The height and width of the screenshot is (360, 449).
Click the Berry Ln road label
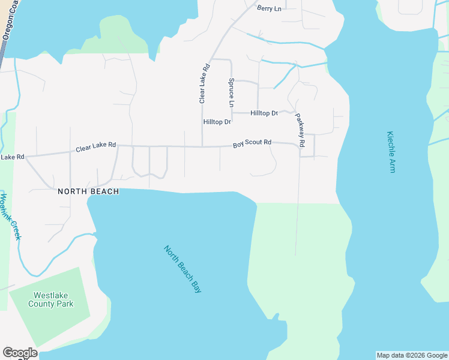(269, 8)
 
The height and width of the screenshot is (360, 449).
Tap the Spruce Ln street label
(231, 92)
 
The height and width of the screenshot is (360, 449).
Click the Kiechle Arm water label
(391, 152)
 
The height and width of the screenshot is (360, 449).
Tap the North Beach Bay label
(182, 269)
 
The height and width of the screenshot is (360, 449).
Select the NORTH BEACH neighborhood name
(88, 191)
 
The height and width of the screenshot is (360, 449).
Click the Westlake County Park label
(53, 299)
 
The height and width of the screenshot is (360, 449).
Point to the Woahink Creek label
(10, 217)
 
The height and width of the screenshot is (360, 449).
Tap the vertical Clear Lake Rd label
(203, 83)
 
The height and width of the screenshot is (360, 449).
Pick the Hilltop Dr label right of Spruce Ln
(264, 113)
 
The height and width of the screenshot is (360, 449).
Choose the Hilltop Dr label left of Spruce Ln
(217, 122)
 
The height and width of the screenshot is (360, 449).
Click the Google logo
(20, 353)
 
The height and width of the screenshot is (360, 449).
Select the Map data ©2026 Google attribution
(412, 355)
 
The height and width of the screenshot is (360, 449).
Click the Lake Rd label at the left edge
(12, 157)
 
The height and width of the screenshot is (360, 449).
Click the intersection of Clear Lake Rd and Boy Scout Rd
(202, 146)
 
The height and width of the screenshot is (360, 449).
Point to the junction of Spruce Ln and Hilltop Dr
(232, 113)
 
